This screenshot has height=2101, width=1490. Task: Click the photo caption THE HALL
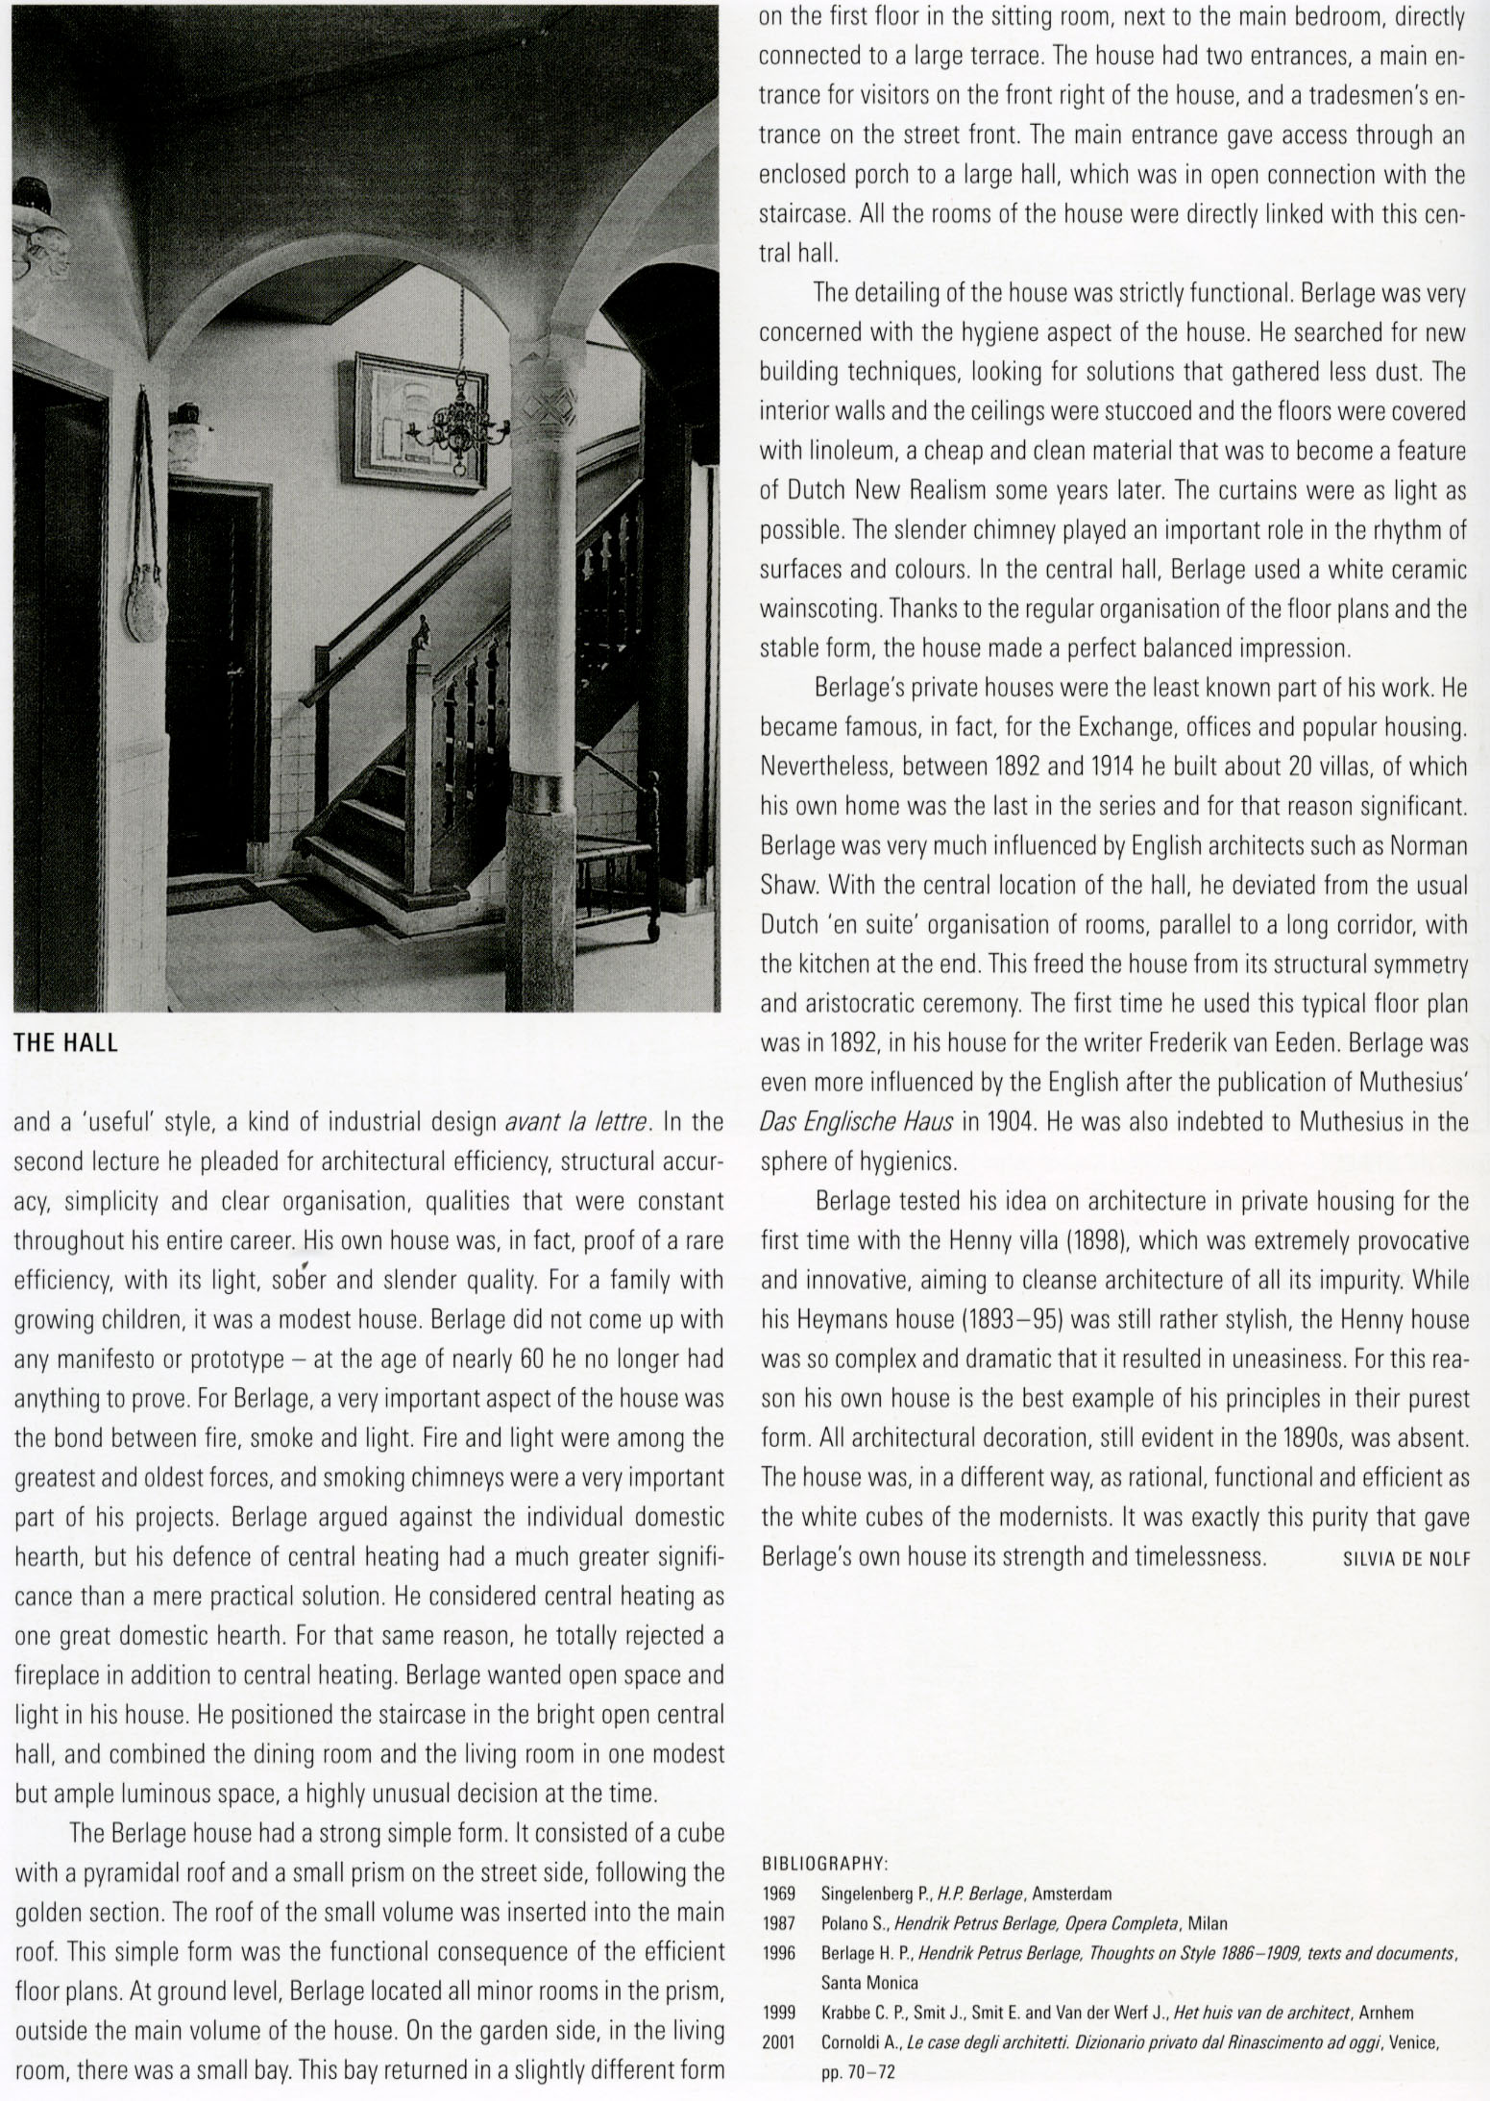point(65,1044)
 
